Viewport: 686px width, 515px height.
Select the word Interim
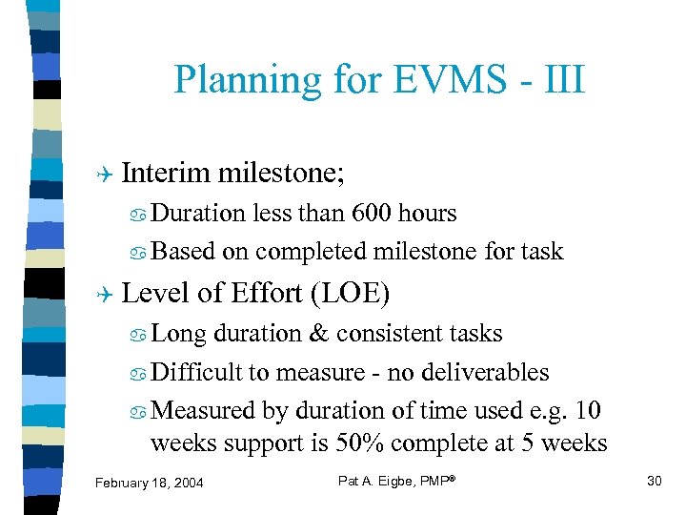click(x=167, y=173)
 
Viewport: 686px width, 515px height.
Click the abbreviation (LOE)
click(x=350, y=293)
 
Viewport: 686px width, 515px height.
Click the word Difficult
click(x=197, y=372)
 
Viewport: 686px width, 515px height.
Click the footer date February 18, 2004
click(x=150, y=483)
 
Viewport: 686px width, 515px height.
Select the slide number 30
click(x=654, y=481)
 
